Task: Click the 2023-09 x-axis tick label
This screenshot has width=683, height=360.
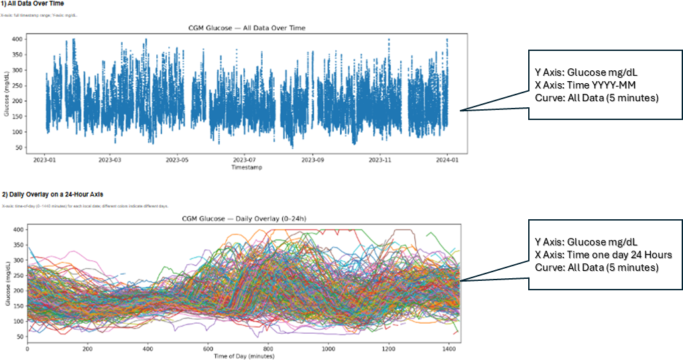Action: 312,161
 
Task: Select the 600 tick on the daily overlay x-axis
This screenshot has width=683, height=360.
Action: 208,349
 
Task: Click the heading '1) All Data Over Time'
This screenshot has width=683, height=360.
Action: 32,3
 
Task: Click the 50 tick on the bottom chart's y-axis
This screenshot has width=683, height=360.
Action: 18,336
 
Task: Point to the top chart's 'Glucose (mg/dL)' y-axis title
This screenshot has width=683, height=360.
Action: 6,93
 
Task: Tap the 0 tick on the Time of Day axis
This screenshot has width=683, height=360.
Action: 27,349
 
